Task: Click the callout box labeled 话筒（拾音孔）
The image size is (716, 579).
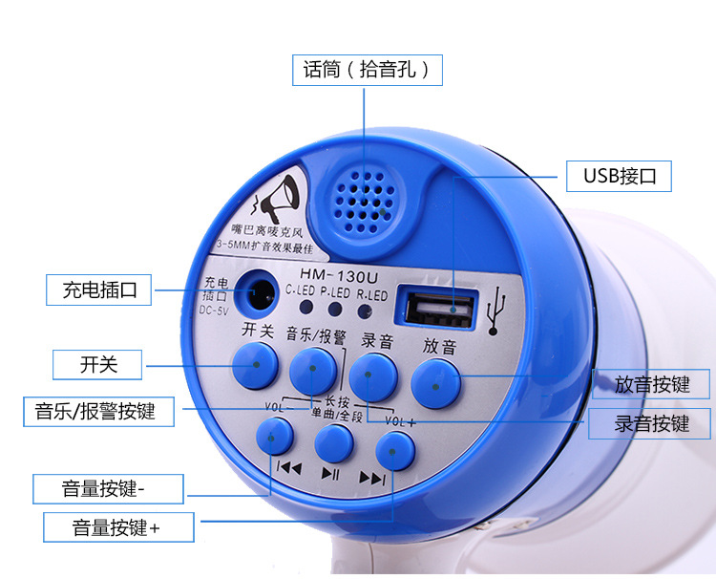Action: pyautogui.click(x=368, y=69)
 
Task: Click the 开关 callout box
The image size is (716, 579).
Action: pyautogui.click(x=97, y=364)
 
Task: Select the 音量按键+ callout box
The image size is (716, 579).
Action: pyautogui.click(x=116, y=526)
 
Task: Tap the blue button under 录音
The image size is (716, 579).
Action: pyautogui.click(x=373, y=376)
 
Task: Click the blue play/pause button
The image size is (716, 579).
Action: pyautogui.click(x=332, y=443)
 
